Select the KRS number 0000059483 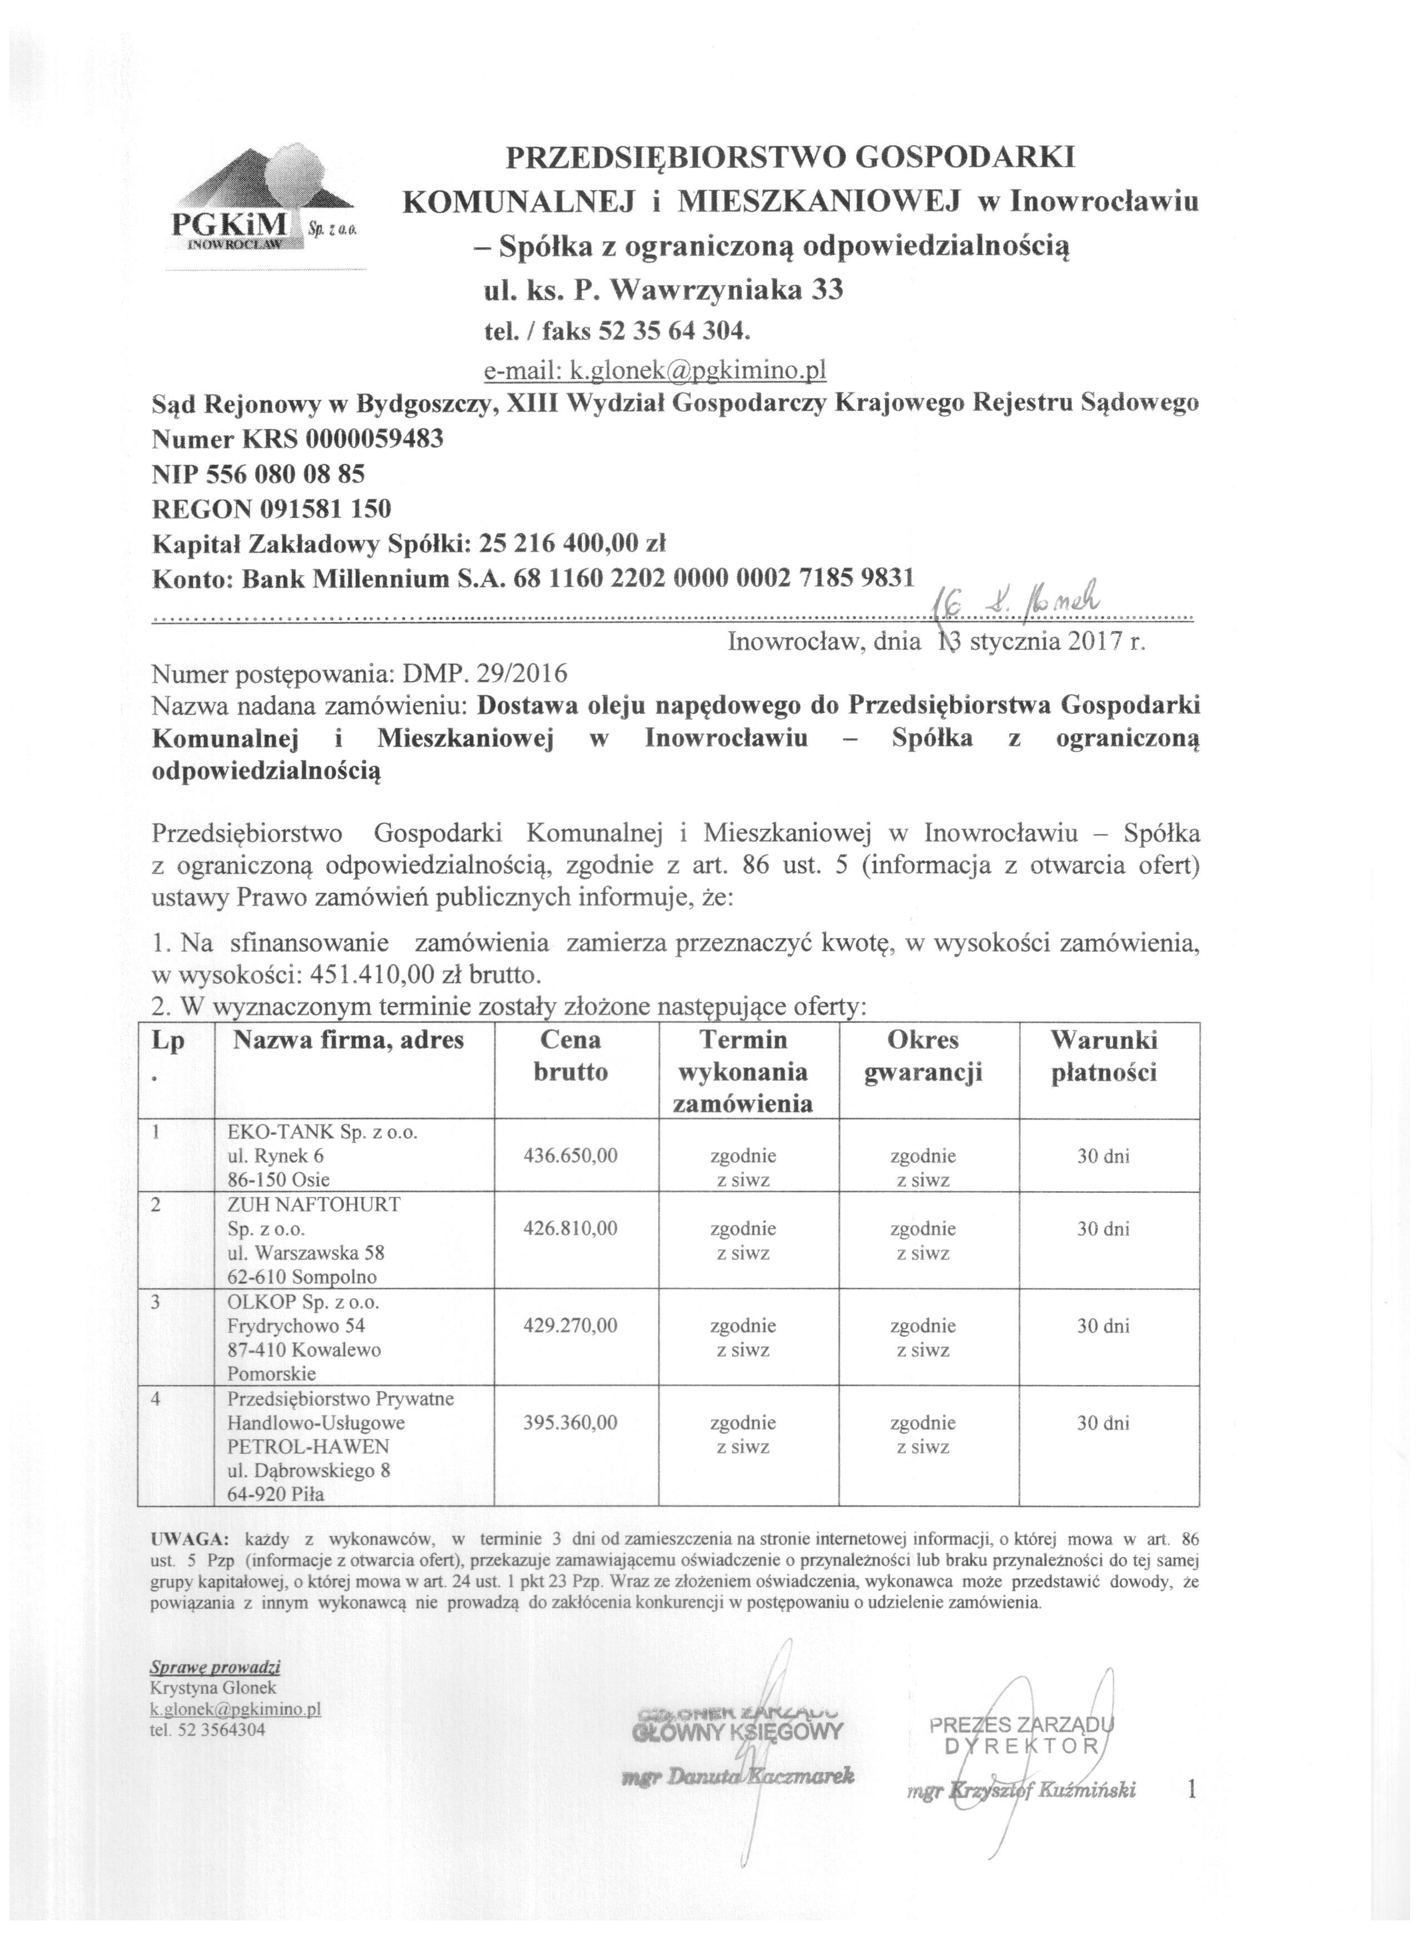pos(374,440)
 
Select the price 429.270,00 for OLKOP pos(570,1326)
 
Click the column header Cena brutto pos(570,1056)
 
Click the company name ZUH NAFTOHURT pos(314,1205)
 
